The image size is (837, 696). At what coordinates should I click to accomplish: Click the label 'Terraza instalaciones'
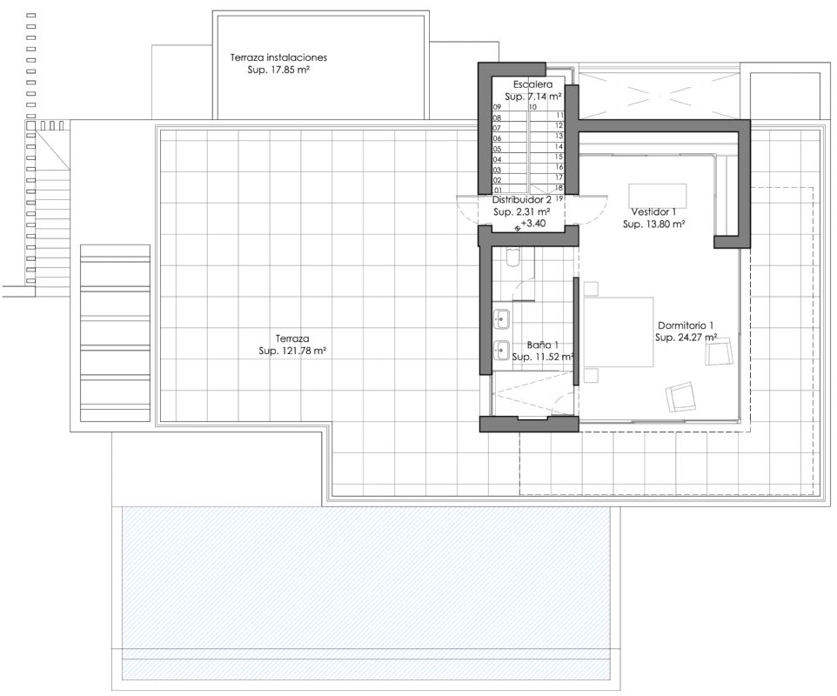tap(278, 57)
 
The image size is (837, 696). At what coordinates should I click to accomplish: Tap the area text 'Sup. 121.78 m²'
tap(292, 351)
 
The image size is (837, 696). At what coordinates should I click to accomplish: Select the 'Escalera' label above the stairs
tap(532, 84)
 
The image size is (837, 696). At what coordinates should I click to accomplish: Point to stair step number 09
tap(497, 107)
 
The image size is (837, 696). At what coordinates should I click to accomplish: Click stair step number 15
tap(559, 157)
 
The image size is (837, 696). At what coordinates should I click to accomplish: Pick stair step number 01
tap(498, 191)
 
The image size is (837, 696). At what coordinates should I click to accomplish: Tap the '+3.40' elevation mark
tap(532, 224)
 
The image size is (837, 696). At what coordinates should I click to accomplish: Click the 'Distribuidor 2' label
tap(521, 200)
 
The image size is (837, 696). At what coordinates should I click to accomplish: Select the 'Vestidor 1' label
tap(653, 212)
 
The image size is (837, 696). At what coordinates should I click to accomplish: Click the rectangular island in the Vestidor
tap(657, 196)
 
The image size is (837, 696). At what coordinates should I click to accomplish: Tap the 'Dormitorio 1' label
tap(686, 325)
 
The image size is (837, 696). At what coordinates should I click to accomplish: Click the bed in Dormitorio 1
tap(619, 332)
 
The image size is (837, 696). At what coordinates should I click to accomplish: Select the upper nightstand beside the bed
tap(591, 289)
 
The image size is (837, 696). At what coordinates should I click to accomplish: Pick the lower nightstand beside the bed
tap(591, 375)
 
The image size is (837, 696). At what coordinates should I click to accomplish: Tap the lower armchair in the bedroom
tap(680, 397)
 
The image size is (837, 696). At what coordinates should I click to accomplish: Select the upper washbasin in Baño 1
tap(501, 318)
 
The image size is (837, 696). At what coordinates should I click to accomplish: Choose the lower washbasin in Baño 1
tap(501, 350)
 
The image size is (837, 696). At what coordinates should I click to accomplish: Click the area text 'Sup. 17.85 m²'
tap(278, 70)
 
